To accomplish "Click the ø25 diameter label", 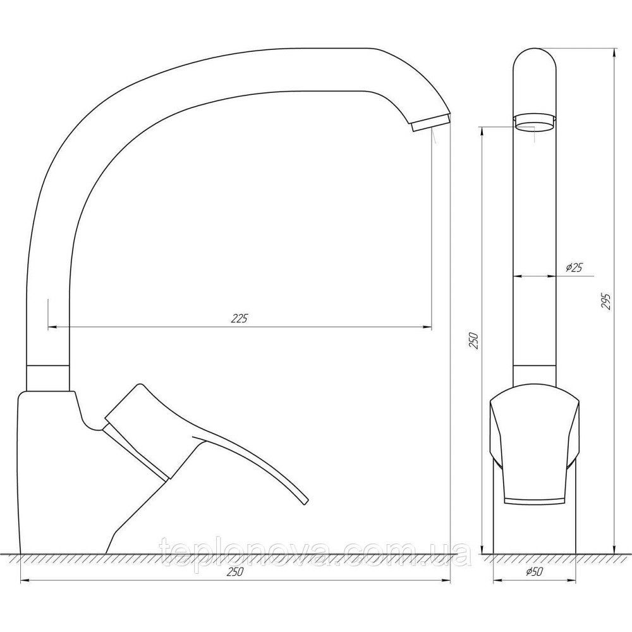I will click(573, 268).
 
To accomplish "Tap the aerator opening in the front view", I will click(535, 122).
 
